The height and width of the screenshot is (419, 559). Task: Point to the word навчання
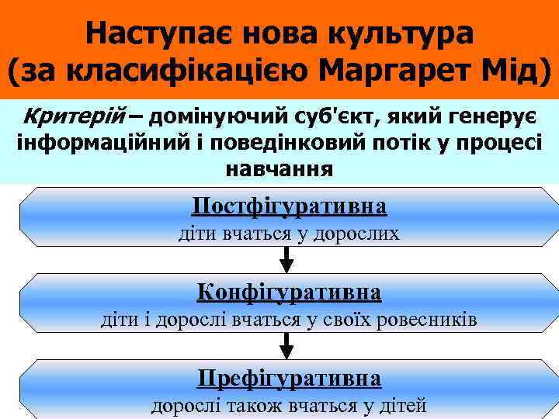point(279,168)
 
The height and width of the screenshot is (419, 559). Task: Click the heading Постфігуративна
point(289,206)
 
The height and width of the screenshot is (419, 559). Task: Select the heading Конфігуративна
point(289,292)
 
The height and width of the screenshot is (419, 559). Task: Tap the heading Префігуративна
point(289,378)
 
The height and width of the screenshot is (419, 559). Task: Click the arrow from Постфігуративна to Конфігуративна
point(286,259)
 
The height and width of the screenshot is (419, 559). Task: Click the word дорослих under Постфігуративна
point(356,234)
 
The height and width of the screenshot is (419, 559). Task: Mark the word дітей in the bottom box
point(400,404)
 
